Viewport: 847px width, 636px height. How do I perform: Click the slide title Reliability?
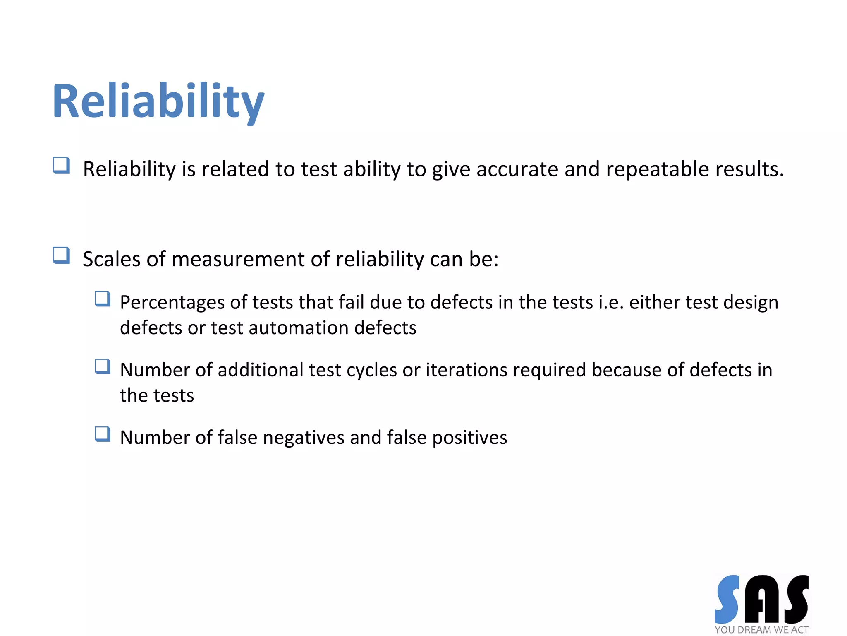[x=158, y=101]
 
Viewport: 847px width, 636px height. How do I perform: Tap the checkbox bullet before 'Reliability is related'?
[x=61, y=165]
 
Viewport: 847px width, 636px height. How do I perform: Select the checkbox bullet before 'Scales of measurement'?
[x=61, y=255]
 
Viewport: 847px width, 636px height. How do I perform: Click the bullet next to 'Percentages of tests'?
[x=103, y=299]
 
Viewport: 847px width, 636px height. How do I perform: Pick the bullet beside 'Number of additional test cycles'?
[x=103, y=366]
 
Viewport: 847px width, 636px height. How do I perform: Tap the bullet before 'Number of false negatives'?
[x=103, y=434]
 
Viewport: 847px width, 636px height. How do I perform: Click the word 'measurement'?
[x=238, y=259]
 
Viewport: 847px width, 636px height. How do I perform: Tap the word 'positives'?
[x=469, y=438]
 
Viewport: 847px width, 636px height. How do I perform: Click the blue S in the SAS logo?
[x=727, y=599]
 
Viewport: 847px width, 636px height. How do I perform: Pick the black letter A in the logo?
[x=761, y=600]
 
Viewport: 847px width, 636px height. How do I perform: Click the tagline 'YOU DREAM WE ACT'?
[x=761, y=630]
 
